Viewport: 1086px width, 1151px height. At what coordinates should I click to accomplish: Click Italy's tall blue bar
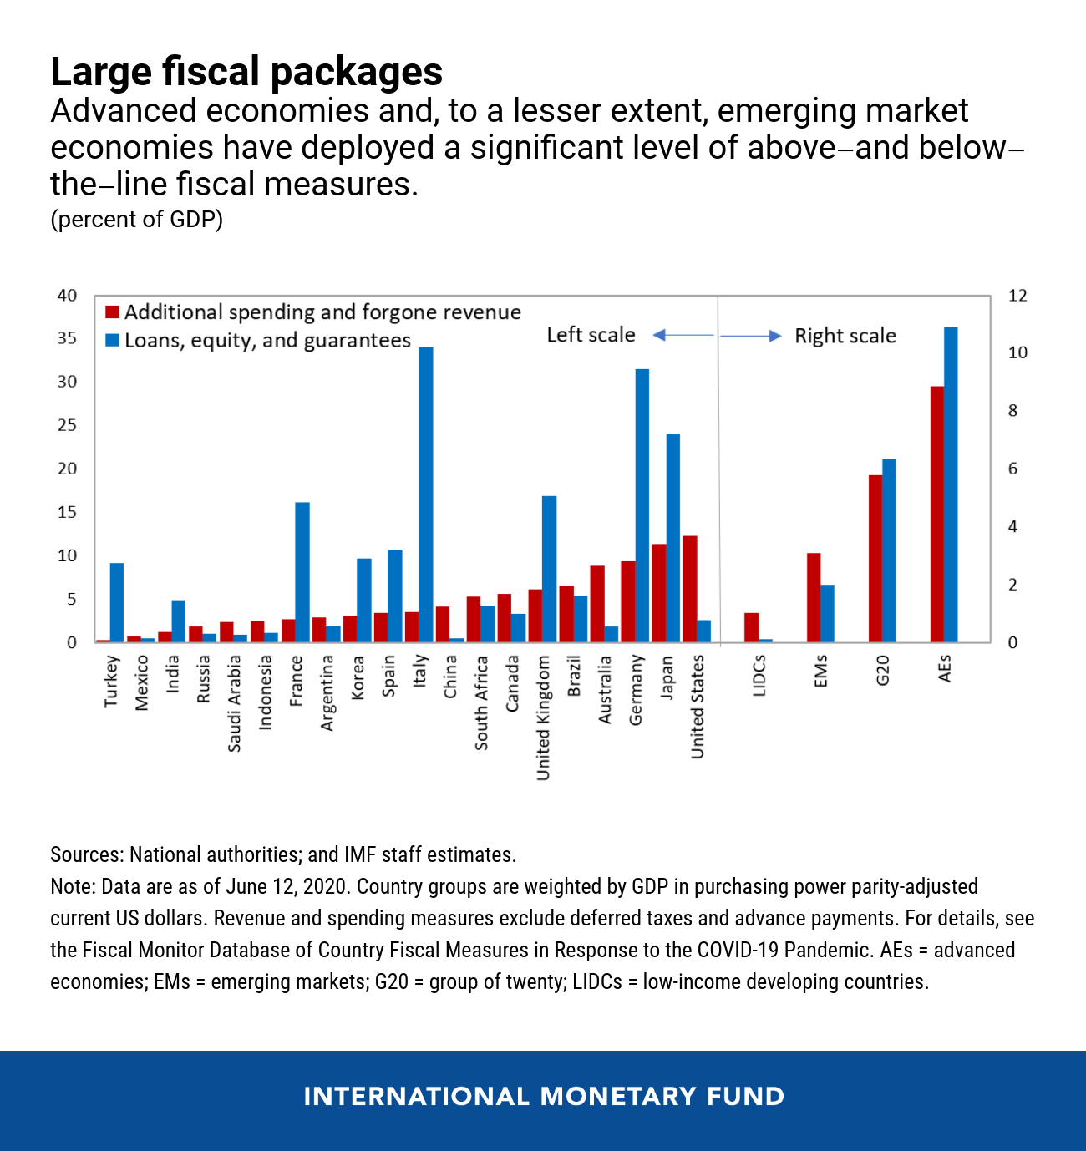pyautogui.click(x=425, y=494)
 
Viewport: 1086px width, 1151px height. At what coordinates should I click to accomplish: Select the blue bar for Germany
pyautogui.click(x=642, y=505)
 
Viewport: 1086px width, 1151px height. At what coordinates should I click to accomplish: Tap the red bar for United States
pyautogui.click(x=690, y=589)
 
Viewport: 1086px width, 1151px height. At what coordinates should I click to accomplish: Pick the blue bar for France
pyautogui.click(x=302, y=572)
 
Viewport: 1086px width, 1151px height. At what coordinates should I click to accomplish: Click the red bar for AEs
pyautogui.click(x=937, y=514)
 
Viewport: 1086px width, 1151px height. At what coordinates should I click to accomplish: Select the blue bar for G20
pyautogui.click(x=889, y=550)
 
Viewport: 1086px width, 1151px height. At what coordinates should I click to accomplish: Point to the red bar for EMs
pyautogui.click(x=814, y=597)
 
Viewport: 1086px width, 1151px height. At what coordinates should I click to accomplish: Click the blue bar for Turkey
pyautogui.click(x=117, y=602)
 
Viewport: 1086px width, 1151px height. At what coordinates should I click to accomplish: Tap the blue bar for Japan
pyautogui.click(x=672, y=538)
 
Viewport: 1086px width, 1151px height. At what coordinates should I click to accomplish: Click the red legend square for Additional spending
pyautogui.click(x=112, y=312)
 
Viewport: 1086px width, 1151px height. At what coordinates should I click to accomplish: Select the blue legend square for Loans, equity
pyautogui.click(x=112, y=341)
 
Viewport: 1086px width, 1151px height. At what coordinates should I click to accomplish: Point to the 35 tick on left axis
pyautogui.click(x=67, y=338)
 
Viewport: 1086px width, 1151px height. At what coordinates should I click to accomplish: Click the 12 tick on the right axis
pyautogui.click(x=1017, y=296)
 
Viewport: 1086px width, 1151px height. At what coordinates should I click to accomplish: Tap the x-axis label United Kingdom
pyautogui.click(x=544, y=717)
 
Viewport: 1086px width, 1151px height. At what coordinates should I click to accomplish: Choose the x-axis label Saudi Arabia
pyautogui.click(x=235, y=703)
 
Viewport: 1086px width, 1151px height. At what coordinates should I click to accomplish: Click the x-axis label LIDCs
pyautogui.click(x=759, y=676)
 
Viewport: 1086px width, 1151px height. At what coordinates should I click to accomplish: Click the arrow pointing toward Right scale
pyautogui.click(x=751, y=336)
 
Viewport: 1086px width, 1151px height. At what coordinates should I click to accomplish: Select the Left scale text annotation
pyautogui.click(x=591, y=335)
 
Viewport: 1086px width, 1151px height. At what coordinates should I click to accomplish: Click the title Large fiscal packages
pyautogui.click(x=246, y=72)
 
